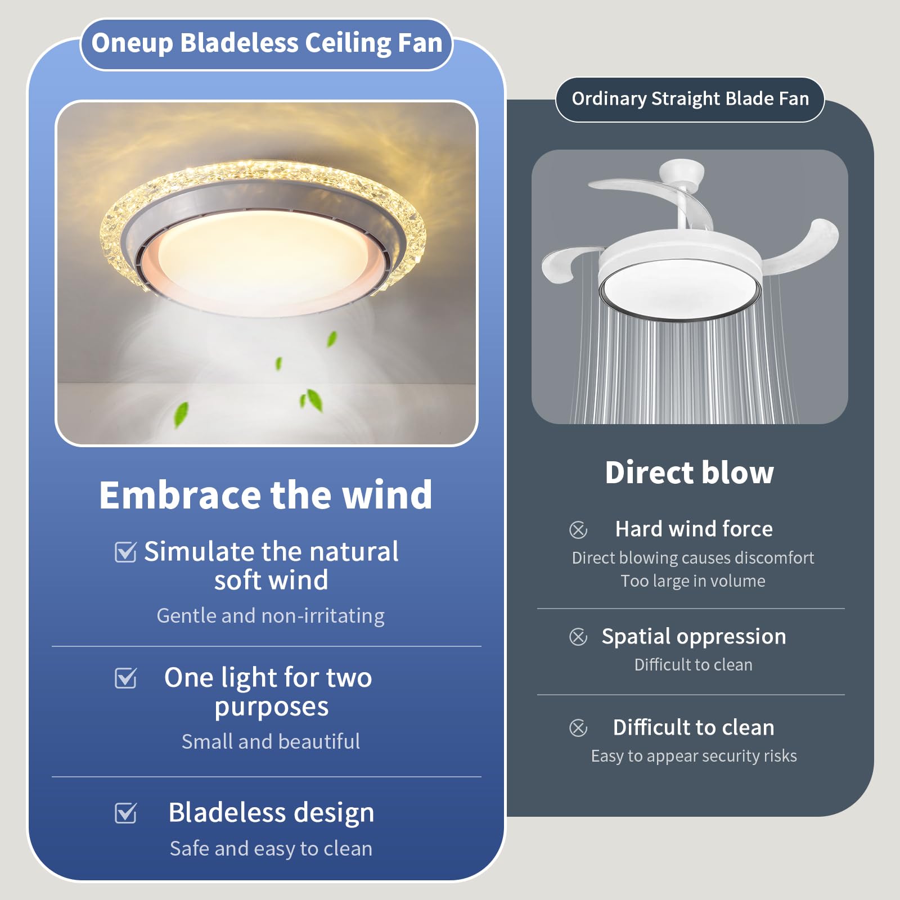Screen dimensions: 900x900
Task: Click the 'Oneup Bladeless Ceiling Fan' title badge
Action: coord(267,44)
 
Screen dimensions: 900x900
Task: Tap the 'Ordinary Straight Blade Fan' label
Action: coord(690,99)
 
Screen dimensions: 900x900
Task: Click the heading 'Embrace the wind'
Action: coord(265,495)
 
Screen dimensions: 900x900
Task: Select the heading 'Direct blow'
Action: coord(689,472)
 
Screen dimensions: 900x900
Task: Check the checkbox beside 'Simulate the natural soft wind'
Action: coord(125,552)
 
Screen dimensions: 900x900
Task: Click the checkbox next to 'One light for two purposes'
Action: coord(125,678)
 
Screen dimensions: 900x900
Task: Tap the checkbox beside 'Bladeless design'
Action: coord(125,813)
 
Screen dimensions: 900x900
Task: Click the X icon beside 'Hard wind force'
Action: coord(578,529)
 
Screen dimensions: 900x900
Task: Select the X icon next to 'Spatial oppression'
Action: coord(578,637)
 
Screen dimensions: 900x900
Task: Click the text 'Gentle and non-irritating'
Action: coord(271,616)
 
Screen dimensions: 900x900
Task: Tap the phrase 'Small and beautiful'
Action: coord(271,741)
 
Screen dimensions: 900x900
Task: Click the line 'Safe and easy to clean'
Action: coord(271,848)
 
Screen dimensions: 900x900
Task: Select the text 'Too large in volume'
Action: coord(692,580)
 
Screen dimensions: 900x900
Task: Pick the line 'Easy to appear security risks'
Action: coord(694,755)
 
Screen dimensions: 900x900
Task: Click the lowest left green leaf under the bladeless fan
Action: coord(181,414)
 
